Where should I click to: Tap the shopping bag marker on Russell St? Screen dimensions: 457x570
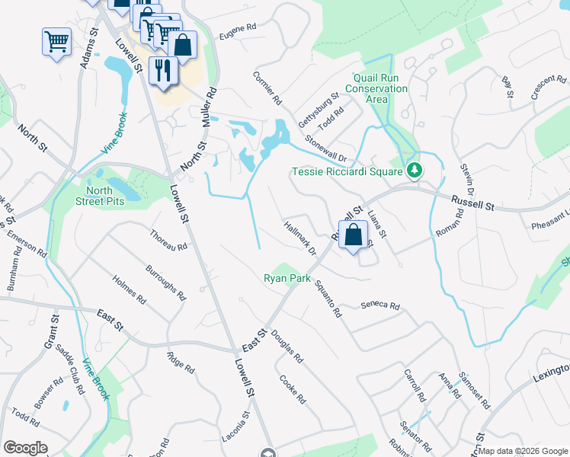354,235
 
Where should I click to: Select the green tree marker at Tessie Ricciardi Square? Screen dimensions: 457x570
414,171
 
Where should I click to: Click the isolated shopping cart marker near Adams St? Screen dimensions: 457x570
57,43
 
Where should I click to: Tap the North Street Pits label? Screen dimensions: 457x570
94,196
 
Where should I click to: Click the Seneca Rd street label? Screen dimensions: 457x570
380,306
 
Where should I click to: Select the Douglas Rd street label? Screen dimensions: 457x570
287,346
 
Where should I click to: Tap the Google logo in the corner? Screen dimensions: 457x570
25,448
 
